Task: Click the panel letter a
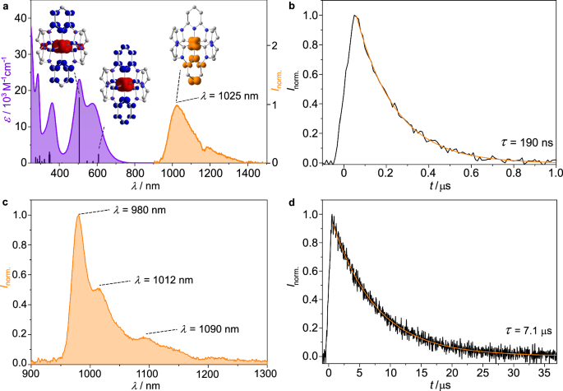tap(5, 6)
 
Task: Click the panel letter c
tap(5, 202)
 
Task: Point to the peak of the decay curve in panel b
tap(355, 16)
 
